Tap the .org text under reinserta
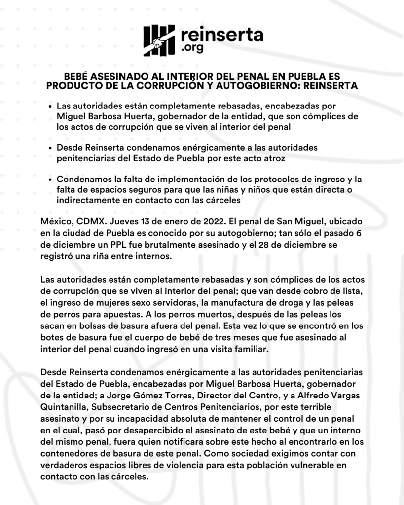tap(192, 49)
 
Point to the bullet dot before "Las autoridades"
tap(52, 107)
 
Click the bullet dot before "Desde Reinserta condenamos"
tap(52, 148)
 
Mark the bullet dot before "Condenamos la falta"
tap(52, 180)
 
